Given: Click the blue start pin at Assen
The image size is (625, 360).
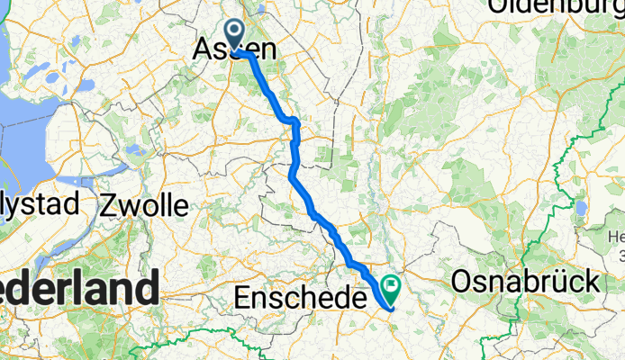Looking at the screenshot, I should click(236, 35).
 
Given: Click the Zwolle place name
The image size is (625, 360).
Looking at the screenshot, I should click(145, 205).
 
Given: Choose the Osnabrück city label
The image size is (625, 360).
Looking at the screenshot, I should click(526, 282).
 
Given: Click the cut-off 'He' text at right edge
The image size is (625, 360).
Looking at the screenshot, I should click(616, 237).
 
